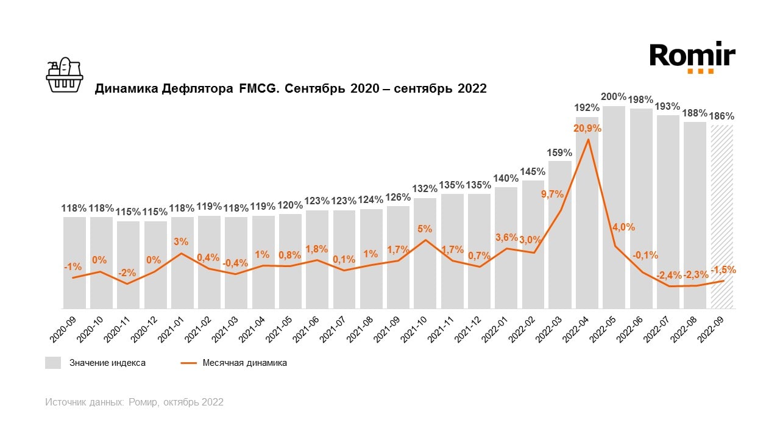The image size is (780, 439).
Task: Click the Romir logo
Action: pos(692,57)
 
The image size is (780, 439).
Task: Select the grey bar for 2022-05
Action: pos(614,207)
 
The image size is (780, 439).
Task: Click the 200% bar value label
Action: pos(614,96)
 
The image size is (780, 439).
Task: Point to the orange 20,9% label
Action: pos(587,129)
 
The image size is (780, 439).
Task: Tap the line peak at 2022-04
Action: pos(587,140)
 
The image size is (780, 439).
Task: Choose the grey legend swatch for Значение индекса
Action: pos(53,363)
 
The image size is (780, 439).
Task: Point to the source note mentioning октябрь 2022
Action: pos(134,402)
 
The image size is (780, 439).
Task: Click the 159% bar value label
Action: pos(559,152)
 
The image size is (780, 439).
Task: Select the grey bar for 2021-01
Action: pos(182,262)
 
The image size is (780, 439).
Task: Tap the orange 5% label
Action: pos(425,229)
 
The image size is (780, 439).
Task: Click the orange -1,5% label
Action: pos(723,269)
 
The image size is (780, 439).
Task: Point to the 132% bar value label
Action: pos(425,189)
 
